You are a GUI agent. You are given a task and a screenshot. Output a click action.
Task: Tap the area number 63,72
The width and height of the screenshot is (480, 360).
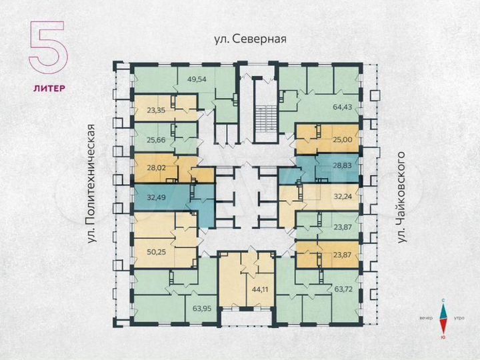point(341,289)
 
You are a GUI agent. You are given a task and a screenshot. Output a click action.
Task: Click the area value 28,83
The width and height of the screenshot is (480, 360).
point(341,163)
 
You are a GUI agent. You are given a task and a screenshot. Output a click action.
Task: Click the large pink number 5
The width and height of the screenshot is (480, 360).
point(47,47)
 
